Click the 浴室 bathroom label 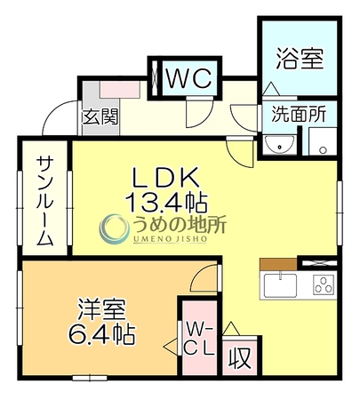pyautogui.click(x=300, y=59)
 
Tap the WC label pyautogui.click(x=189, y=78)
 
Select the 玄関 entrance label pyautogui.click(x=100, y=116)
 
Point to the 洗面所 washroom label pyautogui.click(x=299, y=114)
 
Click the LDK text pyautogui.click(x=165, y=178)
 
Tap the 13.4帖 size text pyautogui.click(x=166, y=203)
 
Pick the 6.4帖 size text pyautogui.click(x=102, y=334)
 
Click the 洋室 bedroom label pyautogui.click(x=102, y=310)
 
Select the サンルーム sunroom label pyautogui.click(x=45, y=201)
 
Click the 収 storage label pyautogui.click(x=240, y=357)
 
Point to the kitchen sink pyautogui.click(x=280, y=285)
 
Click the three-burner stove pyautogui.click(x=324, y=284)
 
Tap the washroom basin pyautogui.click(x=279, y=145)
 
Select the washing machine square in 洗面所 pyautogui.click(x=323, y=141)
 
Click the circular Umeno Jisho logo pyautogui.click(x=115, y=229)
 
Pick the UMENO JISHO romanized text pyautogui.click(x=170, y=239)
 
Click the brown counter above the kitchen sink pyautogui.click(x=278, y=264)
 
